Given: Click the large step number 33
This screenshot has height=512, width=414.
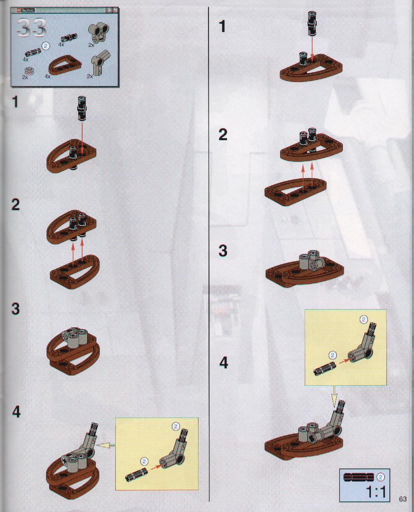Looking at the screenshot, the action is coord(32,28).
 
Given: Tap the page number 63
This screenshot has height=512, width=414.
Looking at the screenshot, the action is coord(402,498).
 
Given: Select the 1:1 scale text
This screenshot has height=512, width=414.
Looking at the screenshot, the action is coord(376,491).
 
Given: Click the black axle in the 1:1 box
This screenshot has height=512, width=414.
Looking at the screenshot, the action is coord(359,476).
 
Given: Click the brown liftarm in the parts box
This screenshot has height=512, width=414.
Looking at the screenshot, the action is coord(65,65).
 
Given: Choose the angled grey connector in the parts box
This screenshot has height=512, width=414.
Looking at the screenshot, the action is coord(100,62).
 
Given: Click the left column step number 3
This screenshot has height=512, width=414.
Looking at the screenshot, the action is coord(16,309).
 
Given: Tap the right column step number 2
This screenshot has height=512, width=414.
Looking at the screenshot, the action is coord(223,135).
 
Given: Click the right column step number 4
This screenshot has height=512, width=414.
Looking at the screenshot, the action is coord(224,362).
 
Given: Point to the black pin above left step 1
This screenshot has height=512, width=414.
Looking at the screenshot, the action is coord(81,109).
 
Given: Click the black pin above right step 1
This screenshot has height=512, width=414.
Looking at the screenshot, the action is coord(312,23).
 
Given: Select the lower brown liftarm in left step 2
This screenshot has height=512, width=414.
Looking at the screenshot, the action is coord(75,272).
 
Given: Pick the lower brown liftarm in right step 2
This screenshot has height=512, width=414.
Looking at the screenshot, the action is coord(295,191).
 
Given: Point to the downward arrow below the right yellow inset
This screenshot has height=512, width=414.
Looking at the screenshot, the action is coord(334,396).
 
